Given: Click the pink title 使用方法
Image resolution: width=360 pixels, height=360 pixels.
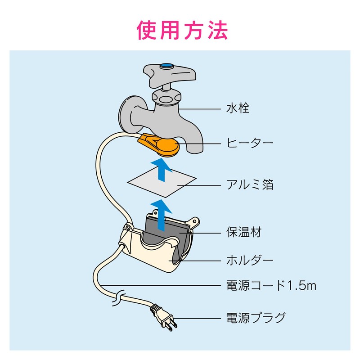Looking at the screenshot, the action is (182, 30).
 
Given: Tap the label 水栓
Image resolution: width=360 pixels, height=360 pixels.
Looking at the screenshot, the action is (238, 108).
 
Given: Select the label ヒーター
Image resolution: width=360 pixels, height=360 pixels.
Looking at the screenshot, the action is (250, 143).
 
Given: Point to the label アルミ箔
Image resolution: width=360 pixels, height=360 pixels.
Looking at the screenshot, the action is (250, 184).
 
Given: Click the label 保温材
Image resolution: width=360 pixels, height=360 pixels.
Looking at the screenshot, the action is (244, 232).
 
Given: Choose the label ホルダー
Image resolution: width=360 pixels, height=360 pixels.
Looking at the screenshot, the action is (250, 260).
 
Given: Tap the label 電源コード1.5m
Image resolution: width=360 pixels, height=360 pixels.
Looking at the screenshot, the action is (271, 285).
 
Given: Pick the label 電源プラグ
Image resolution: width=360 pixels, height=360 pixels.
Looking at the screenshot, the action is (256, 318).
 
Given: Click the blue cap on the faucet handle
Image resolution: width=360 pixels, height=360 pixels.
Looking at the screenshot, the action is (167, 66).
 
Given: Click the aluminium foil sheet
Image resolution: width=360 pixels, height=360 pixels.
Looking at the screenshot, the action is (162, 182).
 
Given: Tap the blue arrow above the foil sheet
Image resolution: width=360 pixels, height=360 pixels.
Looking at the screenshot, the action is (162, 170).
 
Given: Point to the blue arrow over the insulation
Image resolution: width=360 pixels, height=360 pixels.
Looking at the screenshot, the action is (162, 215).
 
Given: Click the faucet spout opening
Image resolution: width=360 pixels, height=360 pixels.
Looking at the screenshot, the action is (195, 151).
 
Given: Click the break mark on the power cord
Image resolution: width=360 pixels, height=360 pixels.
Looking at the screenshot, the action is (117, 298).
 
